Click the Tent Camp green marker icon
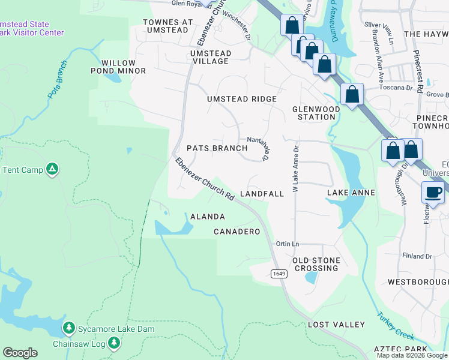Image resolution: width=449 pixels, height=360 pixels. click(x=52, y=170)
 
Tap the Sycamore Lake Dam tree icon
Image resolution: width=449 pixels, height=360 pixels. click(x=70, y=329)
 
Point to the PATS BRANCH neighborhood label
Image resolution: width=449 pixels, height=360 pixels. click(x=217, y=148)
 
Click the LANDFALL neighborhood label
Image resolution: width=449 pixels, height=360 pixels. click(x=262, y=194)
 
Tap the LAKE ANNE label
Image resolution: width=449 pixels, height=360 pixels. click(x=351, y=193)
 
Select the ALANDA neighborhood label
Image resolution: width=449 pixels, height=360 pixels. click(x=207, y=217)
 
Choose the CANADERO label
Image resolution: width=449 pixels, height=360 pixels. click(x=237, y=232)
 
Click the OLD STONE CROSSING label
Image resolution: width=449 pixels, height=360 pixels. click(x=316, y=264)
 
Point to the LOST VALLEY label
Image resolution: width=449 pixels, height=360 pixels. click(x=336, y=325)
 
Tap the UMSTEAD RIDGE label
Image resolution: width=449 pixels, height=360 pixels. click(x=242, y=99)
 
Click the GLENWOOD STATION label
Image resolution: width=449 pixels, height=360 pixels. click(x=316, y=113)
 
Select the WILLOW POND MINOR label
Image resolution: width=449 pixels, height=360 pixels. click(x=123, y=67)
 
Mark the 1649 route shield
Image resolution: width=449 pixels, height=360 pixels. click(x=278, y=274)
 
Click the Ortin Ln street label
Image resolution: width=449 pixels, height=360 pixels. click(x=287, y=244)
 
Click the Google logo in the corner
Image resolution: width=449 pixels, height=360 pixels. click(x=20, y=353)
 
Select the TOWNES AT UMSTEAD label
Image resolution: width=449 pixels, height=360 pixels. click(x=168, y=26)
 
